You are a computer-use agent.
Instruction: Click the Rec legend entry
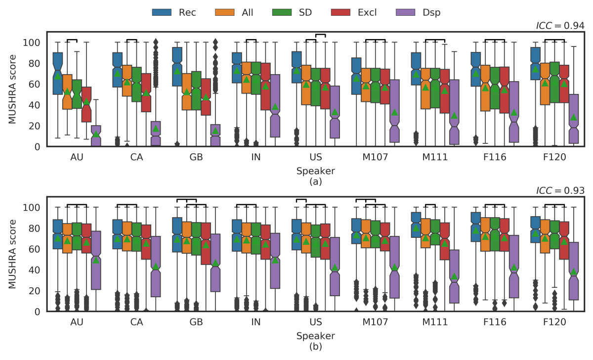(176, 12)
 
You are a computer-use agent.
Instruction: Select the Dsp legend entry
(417, 12)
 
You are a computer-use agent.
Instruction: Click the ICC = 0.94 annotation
(560, 25)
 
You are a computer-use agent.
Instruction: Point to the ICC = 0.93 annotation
(560, 190)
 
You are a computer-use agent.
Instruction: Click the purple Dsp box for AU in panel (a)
(96, 136)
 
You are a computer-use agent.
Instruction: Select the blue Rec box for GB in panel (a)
(177, 67)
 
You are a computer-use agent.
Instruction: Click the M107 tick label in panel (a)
(375, 157)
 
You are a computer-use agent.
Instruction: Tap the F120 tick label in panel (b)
(555, 322)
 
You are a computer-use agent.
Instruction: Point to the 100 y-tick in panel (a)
(35, 43)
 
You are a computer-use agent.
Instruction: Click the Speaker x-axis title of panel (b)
(315, 336)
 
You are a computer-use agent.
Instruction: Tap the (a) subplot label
(315, 181)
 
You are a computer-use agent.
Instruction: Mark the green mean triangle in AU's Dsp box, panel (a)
(96, 134)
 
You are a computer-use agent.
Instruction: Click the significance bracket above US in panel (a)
(321, 35)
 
